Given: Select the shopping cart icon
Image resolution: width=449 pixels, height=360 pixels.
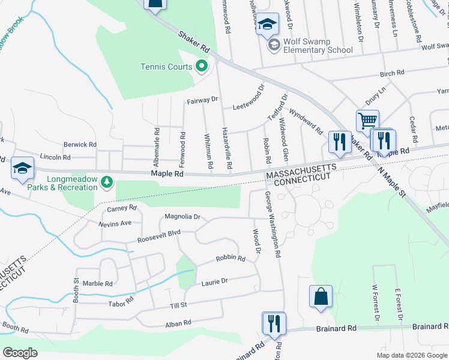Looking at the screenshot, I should [367, 120].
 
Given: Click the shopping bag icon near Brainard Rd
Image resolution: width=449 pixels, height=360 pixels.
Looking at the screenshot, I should [321, 296].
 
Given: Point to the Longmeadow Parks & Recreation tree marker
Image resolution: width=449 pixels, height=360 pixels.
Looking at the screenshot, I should [107, 181].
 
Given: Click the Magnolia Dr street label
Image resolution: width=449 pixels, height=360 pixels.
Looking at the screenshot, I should [182, 217].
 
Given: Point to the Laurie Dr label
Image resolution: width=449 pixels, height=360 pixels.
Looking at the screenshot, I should [215, 281].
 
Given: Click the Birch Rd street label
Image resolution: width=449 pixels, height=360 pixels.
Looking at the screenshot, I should [392, 73].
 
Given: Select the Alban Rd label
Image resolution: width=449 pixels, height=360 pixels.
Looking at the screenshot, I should [178, 323].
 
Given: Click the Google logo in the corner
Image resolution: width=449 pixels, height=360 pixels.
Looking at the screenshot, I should [20, 353].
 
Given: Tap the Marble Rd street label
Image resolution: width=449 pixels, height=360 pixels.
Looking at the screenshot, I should [98, 283].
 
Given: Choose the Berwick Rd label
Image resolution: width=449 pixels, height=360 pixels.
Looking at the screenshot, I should [80, 145].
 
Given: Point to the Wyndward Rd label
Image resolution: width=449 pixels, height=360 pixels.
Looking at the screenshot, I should [306, 121].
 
